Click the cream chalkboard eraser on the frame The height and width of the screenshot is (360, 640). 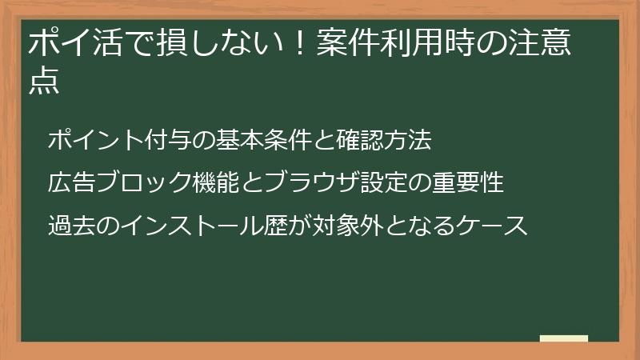563,339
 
